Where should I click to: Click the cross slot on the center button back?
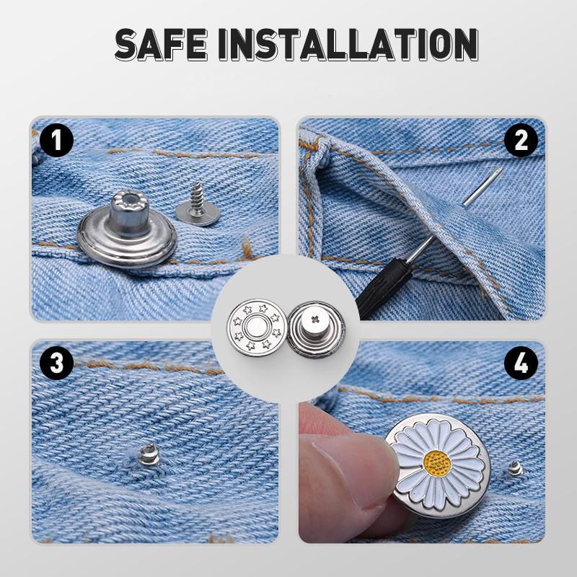click(x=314, y=317)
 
